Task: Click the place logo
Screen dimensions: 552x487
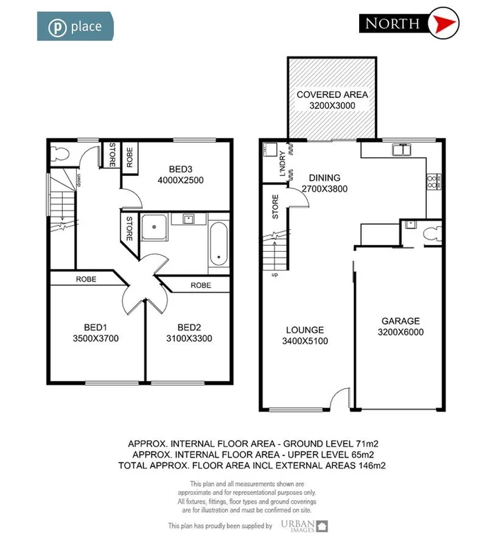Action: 75,26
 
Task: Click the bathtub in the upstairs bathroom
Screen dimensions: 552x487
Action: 219,246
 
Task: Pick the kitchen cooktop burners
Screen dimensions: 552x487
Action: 433,181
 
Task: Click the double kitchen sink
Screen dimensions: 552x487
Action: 400,149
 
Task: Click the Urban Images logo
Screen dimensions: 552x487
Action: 305,526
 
